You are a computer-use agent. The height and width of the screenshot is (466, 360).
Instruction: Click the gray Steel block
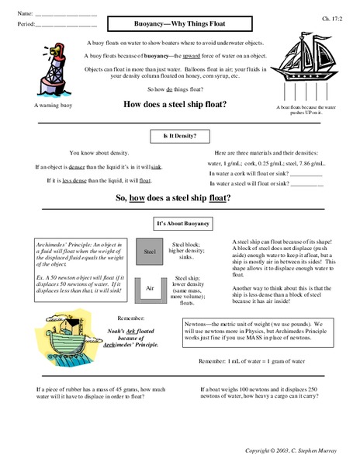[x=151, y=251]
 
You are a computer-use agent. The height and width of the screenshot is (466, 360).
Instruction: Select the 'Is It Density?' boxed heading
[x=179, y=136]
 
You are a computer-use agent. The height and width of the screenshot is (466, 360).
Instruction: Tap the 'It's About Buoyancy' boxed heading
[x=178, y=223]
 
